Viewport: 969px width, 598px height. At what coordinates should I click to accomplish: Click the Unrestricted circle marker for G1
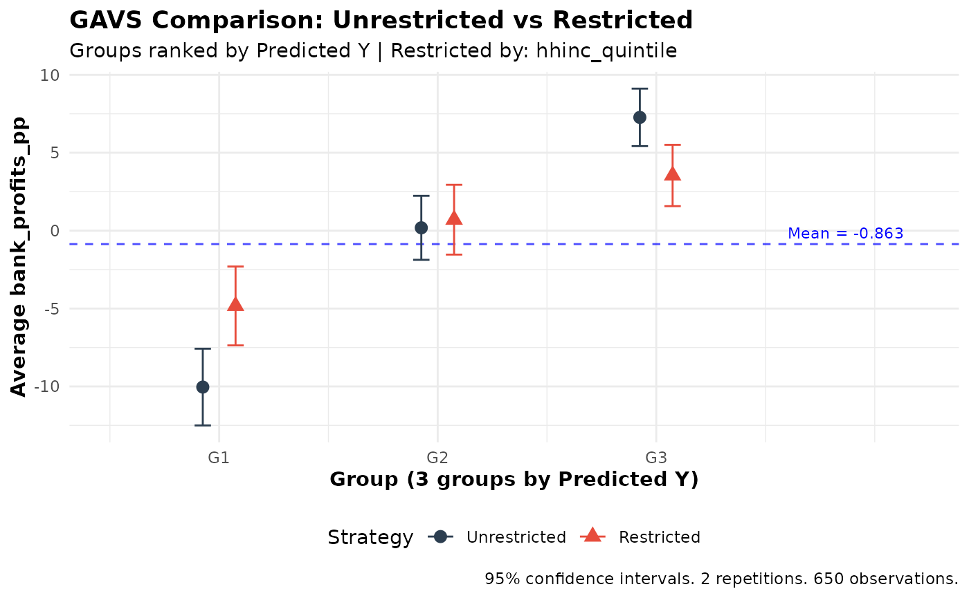[x=202, y=386]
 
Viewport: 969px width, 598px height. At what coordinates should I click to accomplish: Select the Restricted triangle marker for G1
[x=235, y=304]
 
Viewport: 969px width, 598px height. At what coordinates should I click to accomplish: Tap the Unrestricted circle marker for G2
[x=421, y=227]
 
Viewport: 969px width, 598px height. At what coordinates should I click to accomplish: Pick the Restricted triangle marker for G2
[x=454, y=218]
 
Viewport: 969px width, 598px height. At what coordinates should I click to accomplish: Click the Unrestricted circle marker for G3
[x=640, y=117]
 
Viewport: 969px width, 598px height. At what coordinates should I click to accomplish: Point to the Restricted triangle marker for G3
[x=672, y=174]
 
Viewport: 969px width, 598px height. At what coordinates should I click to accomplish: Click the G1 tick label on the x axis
[x=219, y=458]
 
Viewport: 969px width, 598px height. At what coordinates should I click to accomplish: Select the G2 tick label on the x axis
[x=437, y=458]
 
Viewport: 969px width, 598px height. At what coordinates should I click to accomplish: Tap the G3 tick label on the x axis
[x=655, y=458]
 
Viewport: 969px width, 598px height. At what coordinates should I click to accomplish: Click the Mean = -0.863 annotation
[x=845, y=234]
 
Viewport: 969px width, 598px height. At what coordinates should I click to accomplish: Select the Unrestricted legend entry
[x=516, y=537]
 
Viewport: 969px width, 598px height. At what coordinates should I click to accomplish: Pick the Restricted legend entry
[x=659, y=537]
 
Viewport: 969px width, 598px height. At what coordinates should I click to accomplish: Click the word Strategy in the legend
[x=370, y=537]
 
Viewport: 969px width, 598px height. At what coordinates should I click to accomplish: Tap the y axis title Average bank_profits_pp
[x=19, y=257]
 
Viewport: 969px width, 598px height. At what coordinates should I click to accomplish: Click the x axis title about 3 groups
[x=514, y=480]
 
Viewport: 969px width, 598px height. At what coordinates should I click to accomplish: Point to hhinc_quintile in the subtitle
[x=606, y=50]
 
